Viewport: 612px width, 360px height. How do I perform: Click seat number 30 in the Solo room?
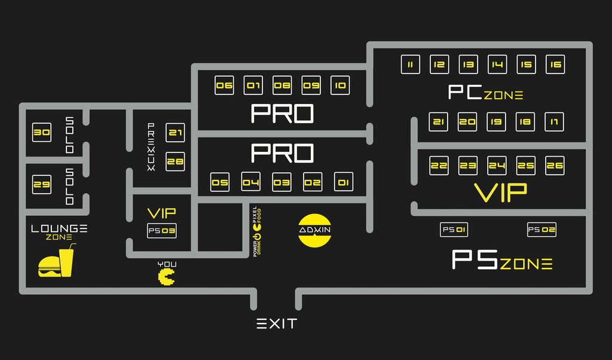point(42,133)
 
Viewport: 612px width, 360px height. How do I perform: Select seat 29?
point(42,185)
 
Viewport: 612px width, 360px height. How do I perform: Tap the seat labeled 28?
point(175,161)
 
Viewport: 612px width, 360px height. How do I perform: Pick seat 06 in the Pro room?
point(224,86)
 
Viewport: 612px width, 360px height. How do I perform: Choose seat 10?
point(339,86)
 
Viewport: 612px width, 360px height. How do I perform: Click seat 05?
point(220,182)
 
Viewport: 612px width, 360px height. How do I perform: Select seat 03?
point(281,182)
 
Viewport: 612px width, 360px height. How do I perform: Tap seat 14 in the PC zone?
point(497,65)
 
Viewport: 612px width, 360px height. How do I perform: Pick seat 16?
point(556,65)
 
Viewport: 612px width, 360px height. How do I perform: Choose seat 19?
point(496,122)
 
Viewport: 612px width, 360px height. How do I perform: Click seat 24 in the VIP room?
point(497,165)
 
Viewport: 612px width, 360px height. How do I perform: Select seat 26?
point(555,165)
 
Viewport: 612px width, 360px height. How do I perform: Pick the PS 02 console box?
point(541,230)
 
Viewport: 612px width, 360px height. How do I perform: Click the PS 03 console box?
point(161,231)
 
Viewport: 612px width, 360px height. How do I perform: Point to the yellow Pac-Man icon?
point(167,277)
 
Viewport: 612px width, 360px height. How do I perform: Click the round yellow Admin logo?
point(315,230)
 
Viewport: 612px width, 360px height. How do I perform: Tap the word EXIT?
point(277,324)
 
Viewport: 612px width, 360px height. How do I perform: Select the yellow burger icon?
point(48,267)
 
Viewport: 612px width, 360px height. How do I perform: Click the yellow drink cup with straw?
point(66,261)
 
